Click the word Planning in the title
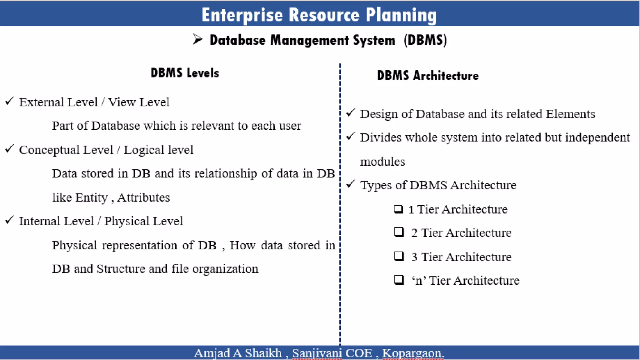[401, 15]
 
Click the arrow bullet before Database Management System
[197, 39]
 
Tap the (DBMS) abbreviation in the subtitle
[425, 40]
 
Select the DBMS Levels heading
[185, 73]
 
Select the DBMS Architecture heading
[427, 76]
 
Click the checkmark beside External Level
[10, 101]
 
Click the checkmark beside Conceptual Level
[10, 149]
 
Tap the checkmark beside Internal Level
[10, 220]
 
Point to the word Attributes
[144, 197]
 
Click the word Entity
[91, 198]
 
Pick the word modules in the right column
[382, 162]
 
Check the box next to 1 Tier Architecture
[398, 209]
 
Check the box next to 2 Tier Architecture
[399, 232]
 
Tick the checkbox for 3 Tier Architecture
[399, 256]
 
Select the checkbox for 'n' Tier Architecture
[399, 280]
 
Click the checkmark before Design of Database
[351, 113]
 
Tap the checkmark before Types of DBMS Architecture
[351, 184]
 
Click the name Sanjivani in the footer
[317, 353]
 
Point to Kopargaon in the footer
[412, 353]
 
